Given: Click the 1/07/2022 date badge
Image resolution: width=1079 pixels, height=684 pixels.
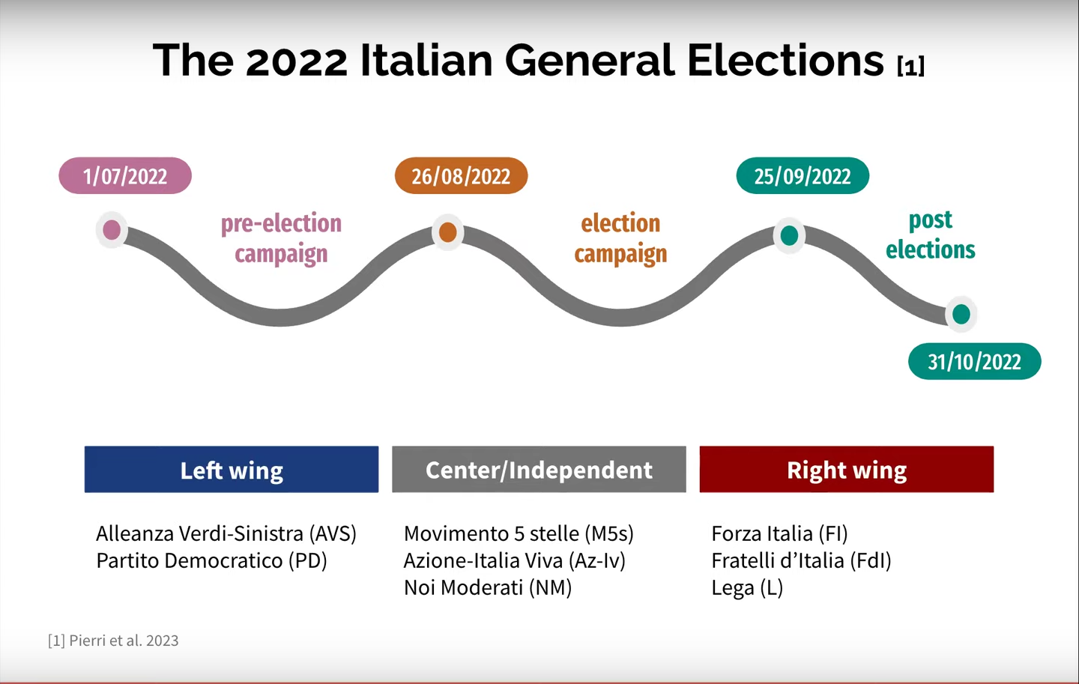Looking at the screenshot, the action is [125, 176].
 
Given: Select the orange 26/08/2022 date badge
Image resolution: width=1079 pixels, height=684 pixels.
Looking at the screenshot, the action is [461, 176].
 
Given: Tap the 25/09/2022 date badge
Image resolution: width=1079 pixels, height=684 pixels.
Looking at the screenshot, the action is [803, 176].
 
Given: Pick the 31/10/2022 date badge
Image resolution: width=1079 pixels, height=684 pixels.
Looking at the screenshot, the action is [974, 361].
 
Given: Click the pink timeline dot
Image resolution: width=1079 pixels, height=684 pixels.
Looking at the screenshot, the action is [112, 230].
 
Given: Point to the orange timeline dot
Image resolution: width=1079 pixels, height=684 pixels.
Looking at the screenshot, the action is [448, 232].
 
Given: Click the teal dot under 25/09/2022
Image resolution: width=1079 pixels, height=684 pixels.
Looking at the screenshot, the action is [789, 235].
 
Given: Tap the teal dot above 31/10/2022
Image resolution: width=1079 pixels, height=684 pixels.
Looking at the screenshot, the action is [961, 314].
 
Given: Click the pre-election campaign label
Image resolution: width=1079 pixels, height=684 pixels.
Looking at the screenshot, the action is [281, 238].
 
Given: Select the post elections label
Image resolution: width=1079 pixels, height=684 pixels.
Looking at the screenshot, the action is [931, 235].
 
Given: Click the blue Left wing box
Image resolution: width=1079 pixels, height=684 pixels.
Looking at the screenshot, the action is [232, 469].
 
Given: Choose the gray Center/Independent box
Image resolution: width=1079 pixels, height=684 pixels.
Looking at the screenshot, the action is [539, 469].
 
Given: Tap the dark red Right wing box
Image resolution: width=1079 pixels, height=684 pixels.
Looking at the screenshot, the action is [847, 469].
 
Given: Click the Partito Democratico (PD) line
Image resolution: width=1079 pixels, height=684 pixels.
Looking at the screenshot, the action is [211, 560].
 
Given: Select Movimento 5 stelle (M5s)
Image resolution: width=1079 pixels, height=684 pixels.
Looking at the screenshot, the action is [519, 533].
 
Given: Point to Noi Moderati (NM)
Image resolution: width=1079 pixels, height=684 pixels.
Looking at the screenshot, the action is [488, 587].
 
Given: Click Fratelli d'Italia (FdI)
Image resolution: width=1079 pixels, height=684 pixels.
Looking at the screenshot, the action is [802, 560].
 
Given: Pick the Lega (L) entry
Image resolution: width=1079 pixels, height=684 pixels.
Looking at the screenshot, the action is [747, 588].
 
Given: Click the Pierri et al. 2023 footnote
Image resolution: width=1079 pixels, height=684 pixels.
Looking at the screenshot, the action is [113, 641].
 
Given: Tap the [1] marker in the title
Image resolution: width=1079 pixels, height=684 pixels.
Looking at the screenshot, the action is [911, 66].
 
